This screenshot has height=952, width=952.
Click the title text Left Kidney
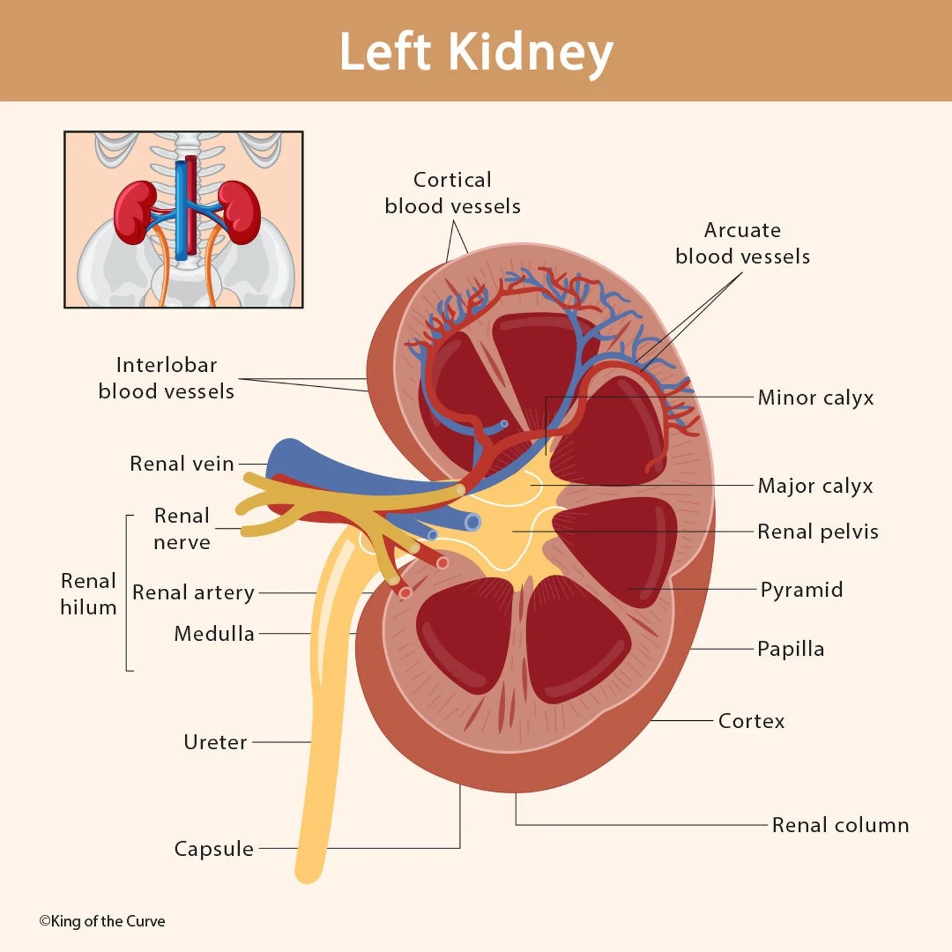(x=476, y=52)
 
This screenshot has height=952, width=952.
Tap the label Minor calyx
(x=816, y=398)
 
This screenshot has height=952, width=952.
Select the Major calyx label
(x=815, y=486)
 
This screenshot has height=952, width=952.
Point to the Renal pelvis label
(x=818, y=532)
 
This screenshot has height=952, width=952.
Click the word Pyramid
(x=801, y=589)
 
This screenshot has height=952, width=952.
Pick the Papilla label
(x=791, y=649)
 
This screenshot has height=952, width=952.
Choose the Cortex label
(x=751, y=721)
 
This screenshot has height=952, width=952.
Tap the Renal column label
(x=840, y=825)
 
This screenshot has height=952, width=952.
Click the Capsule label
(x=214, y=848)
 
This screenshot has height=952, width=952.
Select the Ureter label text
(x=215, y=742)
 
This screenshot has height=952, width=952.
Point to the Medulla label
(x=214, y=633)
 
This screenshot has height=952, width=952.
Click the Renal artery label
(x=193, y=593)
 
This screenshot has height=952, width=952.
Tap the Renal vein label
(x=182, y=464)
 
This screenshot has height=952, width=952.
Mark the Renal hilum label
(x=89, y=594)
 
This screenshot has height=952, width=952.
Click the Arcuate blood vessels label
(x=743, y=243)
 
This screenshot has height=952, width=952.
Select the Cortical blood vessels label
(x=452, y=193)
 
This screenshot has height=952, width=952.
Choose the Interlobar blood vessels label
(x=166, y=378)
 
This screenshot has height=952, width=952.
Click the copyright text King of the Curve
(x=102, y=921)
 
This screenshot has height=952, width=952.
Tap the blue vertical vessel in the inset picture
(x=180, y=211)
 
